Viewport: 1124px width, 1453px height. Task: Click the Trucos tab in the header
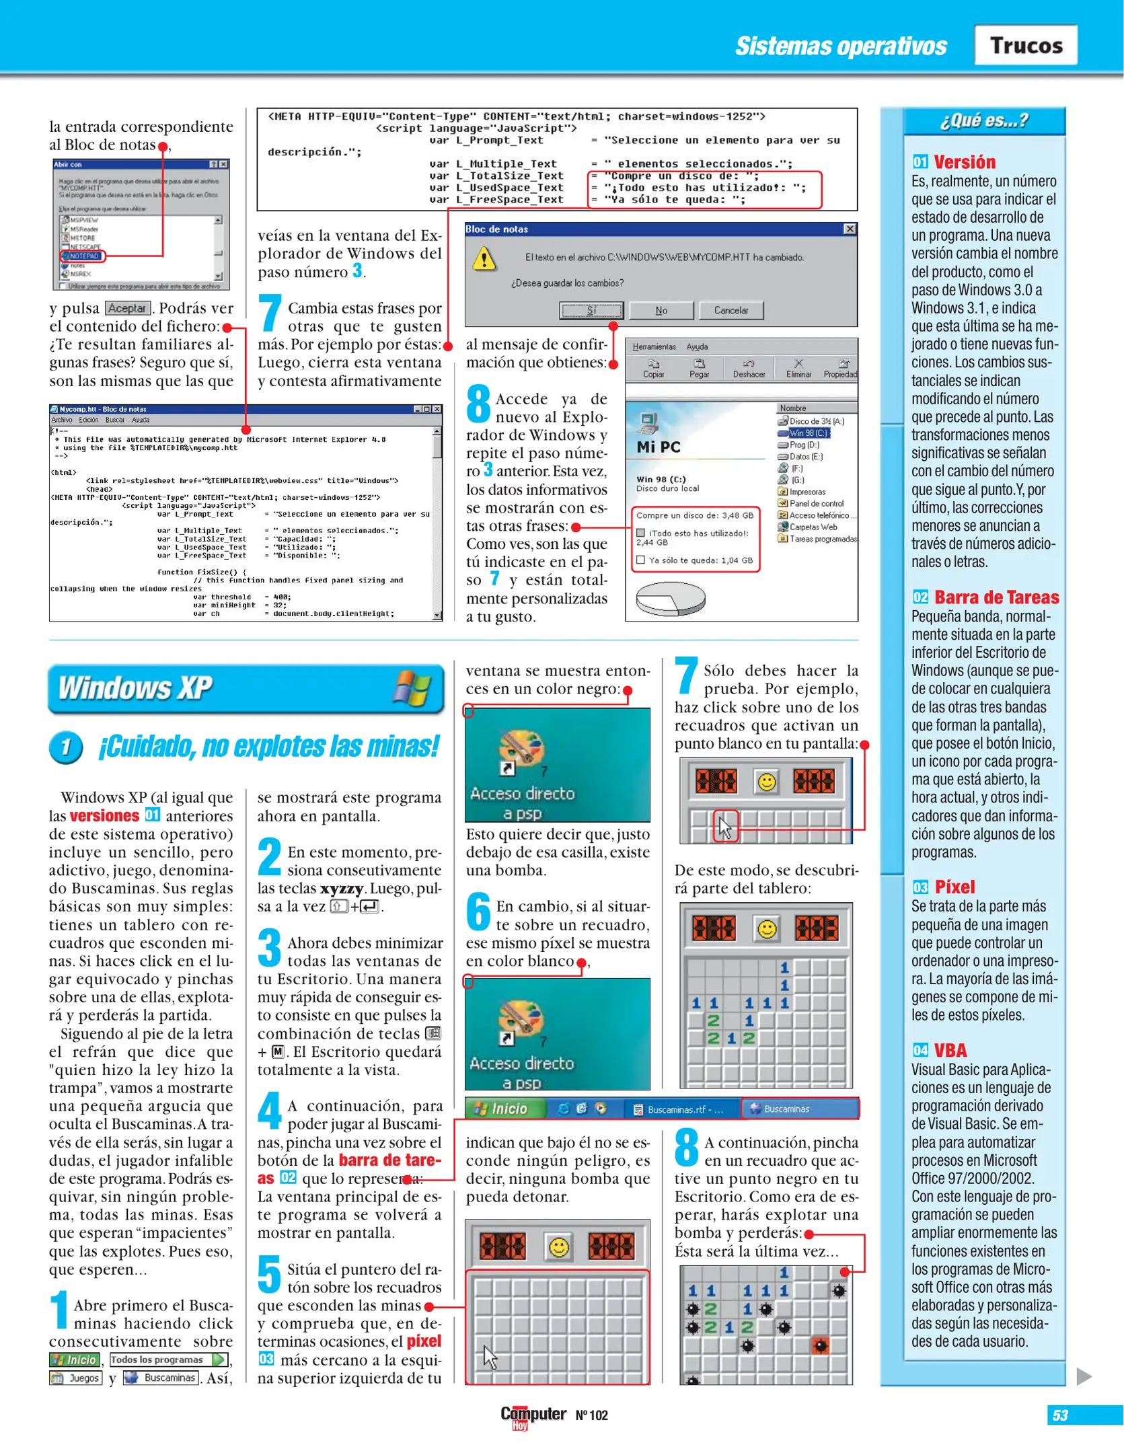(x=1025, y=45)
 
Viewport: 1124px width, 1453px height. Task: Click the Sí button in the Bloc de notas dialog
(x=591, y=310)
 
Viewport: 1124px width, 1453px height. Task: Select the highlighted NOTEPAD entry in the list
(x=83, y=256)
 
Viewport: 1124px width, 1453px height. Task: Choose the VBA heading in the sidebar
(x=950, y=1050)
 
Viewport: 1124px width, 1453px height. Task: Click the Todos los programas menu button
(x=168, y=1359)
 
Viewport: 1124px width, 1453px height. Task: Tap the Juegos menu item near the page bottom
(x=76, y=1378)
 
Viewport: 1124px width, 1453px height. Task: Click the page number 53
(x=1060, y=1415)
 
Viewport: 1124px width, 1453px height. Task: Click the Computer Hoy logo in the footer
(x=533, y=1415)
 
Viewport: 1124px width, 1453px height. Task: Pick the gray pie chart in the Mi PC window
(x=671, y=598)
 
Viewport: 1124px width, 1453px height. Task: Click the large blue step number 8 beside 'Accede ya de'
(x=478, y=404)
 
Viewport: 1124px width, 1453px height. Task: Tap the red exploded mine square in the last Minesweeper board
(x=820, y=1345)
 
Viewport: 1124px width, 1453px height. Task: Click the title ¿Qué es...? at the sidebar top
(x=983, y=121)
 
